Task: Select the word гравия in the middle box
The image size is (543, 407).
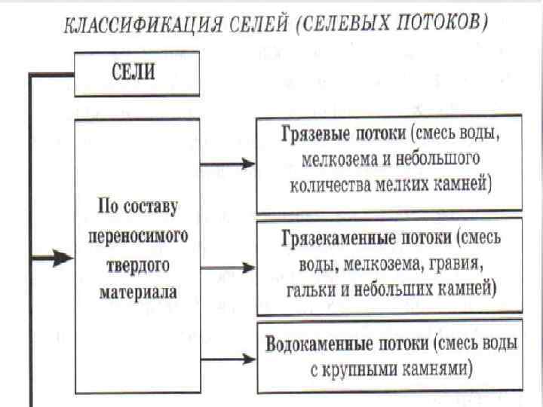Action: (456, 264)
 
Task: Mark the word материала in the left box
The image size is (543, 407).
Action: (137, 291)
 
